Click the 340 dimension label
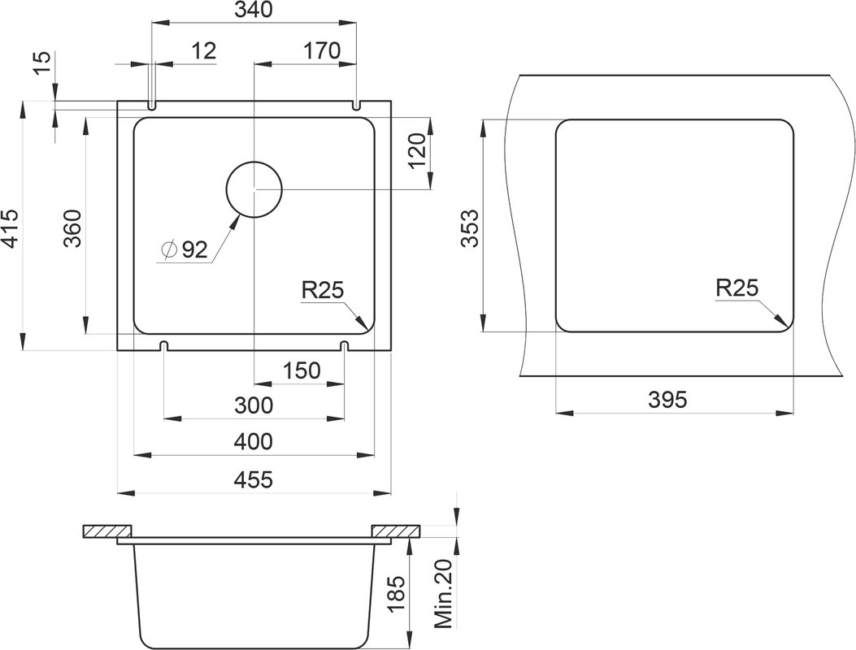click(253, 10)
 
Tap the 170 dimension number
click(322, 50)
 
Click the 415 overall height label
click(10, 227)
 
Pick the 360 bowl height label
click(72, 228)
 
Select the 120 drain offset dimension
click(416, 151)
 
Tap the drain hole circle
click(254, 189)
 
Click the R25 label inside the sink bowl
click(324, 290)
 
